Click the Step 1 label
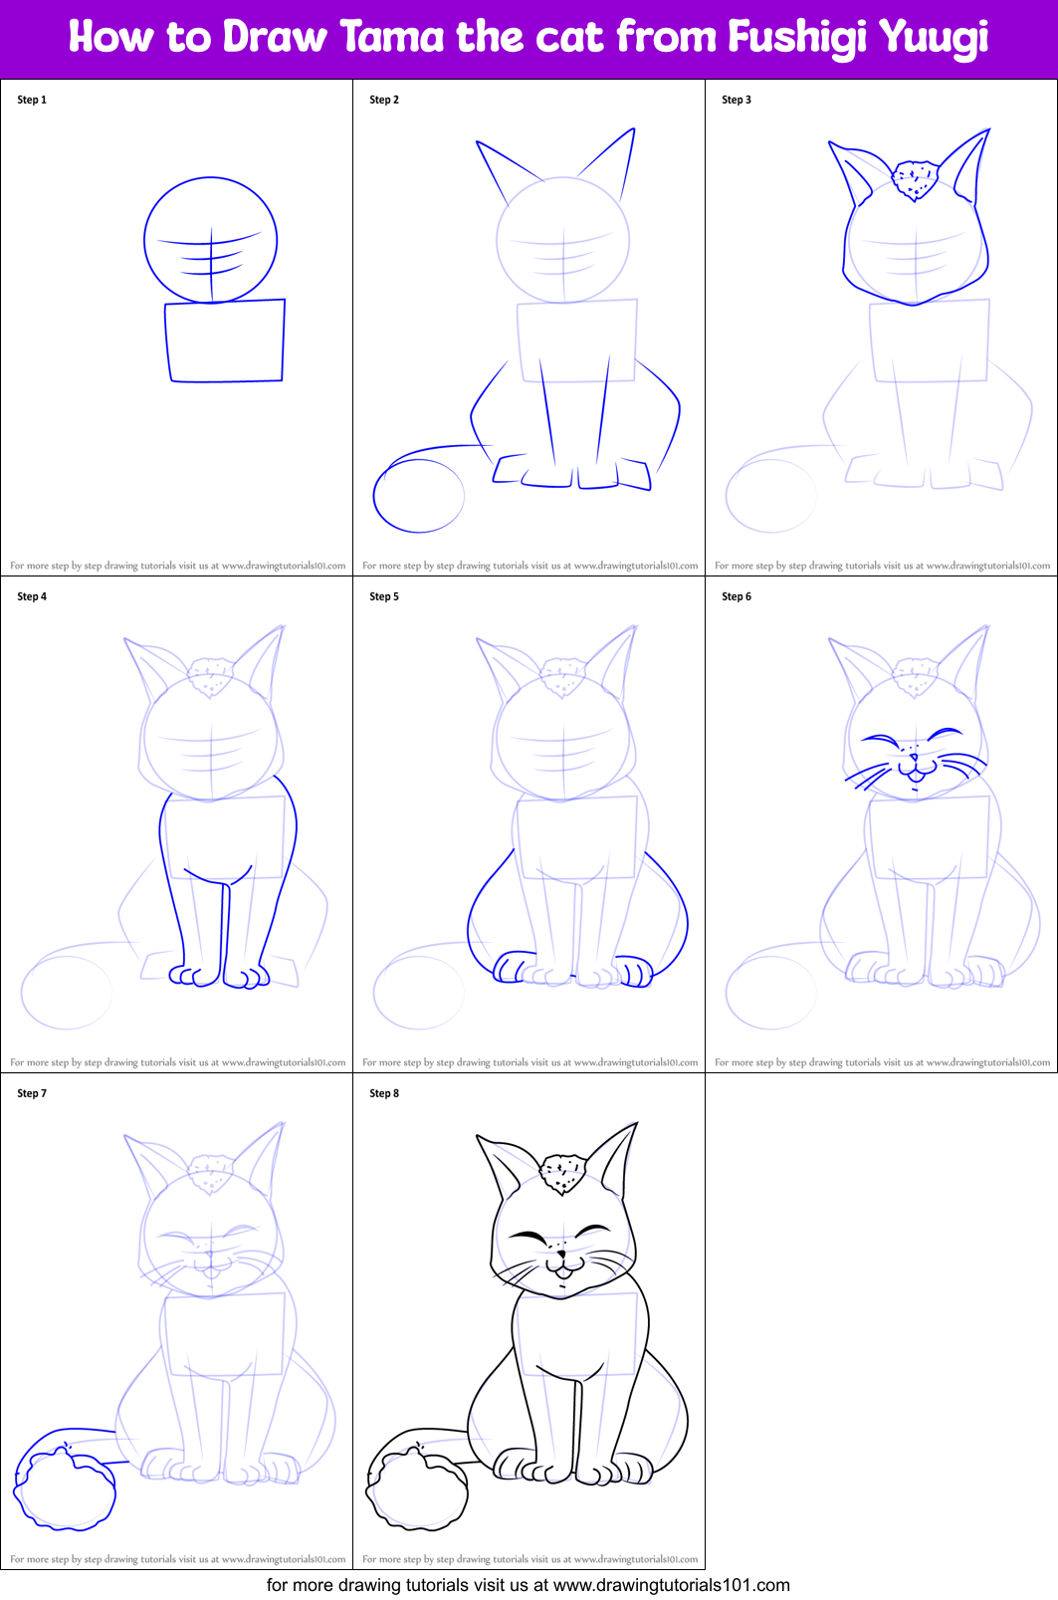coord(32,100)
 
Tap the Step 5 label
coord(384,596)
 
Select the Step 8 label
coord(384,1093)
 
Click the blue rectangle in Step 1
coord(226,341)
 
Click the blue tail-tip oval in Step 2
coord(418,495)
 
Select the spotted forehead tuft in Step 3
coord(915,180)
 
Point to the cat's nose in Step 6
coord(914,759)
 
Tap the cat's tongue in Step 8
coord(563,1272)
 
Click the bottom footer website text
coord(528,1585)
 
